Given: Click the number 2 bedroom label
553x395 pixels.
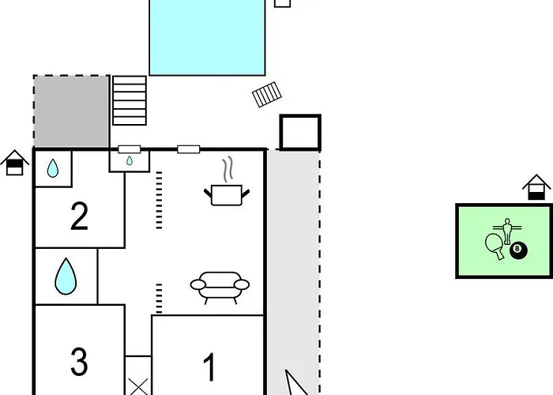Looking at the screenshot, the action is [x=79, y=216].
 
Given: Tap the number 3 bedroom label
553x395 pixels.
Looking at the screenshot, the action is [x=79, y=362].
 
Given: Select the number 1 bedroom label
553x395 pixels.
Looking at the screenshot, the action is [x=210, y=367].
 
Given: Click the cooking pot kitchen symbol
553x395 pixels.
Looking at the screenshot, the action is [x=227, y=195].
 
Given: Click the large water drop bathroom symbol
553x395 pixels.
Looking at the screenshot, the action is [x=66, y=276].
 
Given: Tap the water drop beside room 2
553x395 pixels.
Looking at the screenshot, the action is [x=53, y=168].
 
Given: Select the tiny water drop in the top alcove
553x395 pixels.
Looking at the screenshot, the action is [x=130, y=161].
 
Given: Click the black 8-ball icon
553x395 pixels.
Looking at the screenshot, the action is [x=518, y=250].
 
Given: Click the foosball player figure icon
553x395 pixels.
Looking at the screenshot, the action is [x=507, y=231].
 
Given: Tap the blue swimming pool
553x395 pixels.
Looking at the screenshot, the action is [x=207, y=37].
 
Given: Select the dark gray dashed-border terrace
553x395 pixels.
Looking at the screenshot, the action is [x=72, y=111].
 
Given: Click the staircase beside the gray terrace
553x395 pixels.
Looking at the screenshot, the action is [x=130, y=100].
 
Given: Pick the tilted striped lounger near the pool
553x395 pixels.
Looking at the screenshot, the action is [x=267, y=94].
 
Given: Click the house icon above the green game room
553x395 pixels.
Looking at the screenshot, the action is [x=536, y=187].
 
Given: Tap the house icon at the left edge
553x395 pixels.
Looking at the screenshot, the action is [x=14, y=162].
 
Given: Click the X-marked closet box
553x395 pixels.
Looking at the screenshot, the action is [x=138, y=375].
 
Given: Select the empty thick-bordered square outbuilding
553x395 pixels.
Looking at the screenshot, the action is [x=300, y=132].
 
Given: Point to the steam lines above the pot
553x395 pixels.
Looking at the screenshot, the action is [x=228, y=169].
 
